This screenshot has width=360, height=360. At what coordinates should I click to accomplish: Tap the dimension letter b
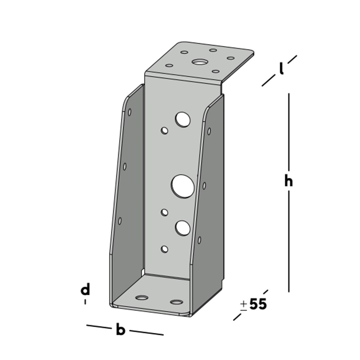tap(120, 330)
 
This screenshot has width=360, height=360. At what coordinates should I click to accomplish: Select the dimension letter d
tap(85, 290)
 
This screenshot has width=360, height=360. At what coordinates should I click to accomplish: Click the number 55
tap(258, 305)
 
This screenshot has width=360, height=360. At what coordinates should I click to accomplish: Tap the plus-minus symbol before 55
tap(244, 305)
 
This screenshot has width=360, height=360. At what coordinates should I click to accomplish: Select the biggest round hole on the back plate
tap(183, 186)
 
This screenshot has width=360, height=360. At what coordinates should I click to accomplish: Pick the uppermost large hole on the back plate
tap(183, 119)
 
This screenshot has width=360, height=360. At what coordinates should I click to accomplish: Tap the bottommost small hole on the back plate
tap(165, 249)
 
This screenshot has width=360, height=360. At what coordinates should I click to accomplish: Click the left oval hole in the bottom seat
tap(142, 298)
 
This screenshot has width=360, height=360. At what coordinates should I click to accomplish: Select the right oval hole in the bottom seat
tap(176, 302)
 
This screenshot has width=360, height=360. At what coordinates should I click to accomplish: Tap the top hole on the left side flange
tap(130, 112)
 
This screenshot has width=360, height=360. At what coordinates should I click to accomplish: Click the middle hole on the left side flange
tap(125, 166)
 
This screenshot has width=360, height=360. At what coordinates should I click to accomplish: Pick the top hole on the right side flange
tap(208, 131)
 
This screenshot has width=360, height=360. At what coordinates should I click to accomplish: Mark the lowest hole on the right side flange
tap(199, 239)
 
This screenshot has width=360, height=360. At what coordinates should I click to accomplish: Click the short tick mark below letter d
tap(85, 302)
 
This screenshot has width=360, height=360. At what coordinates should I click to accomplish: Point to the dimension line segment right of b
tap(146, 332)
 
